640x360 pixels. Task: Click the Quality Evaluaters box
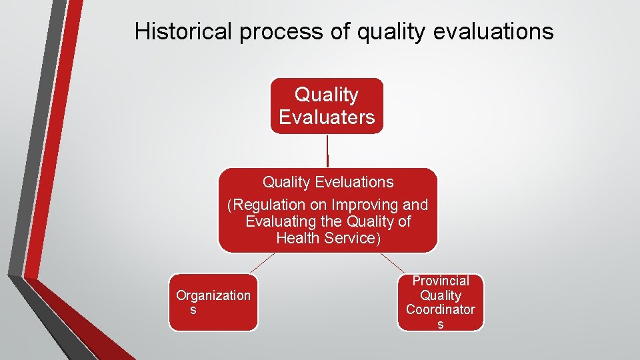point(327,106)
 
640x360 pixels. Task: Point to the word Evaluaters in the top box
point(327,117)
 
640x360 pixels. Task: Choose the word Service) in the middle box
point(353,238)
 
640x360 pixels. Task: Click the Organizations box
point(213,302)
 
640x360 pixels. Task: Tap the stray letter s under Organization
point(193,311)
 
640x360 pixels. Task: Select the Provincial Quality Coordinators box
point(440,302)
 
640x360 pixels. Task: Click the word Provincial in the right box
point(440,281)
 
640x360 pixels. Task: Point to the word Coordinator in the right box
point(440,310)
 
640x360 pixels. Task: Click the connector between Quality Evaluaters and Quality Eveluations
point(327,151)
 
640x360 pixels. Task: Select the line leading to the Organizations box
point(262,263)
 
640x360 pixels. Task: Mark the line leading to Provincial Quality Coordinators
point(393,263)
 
